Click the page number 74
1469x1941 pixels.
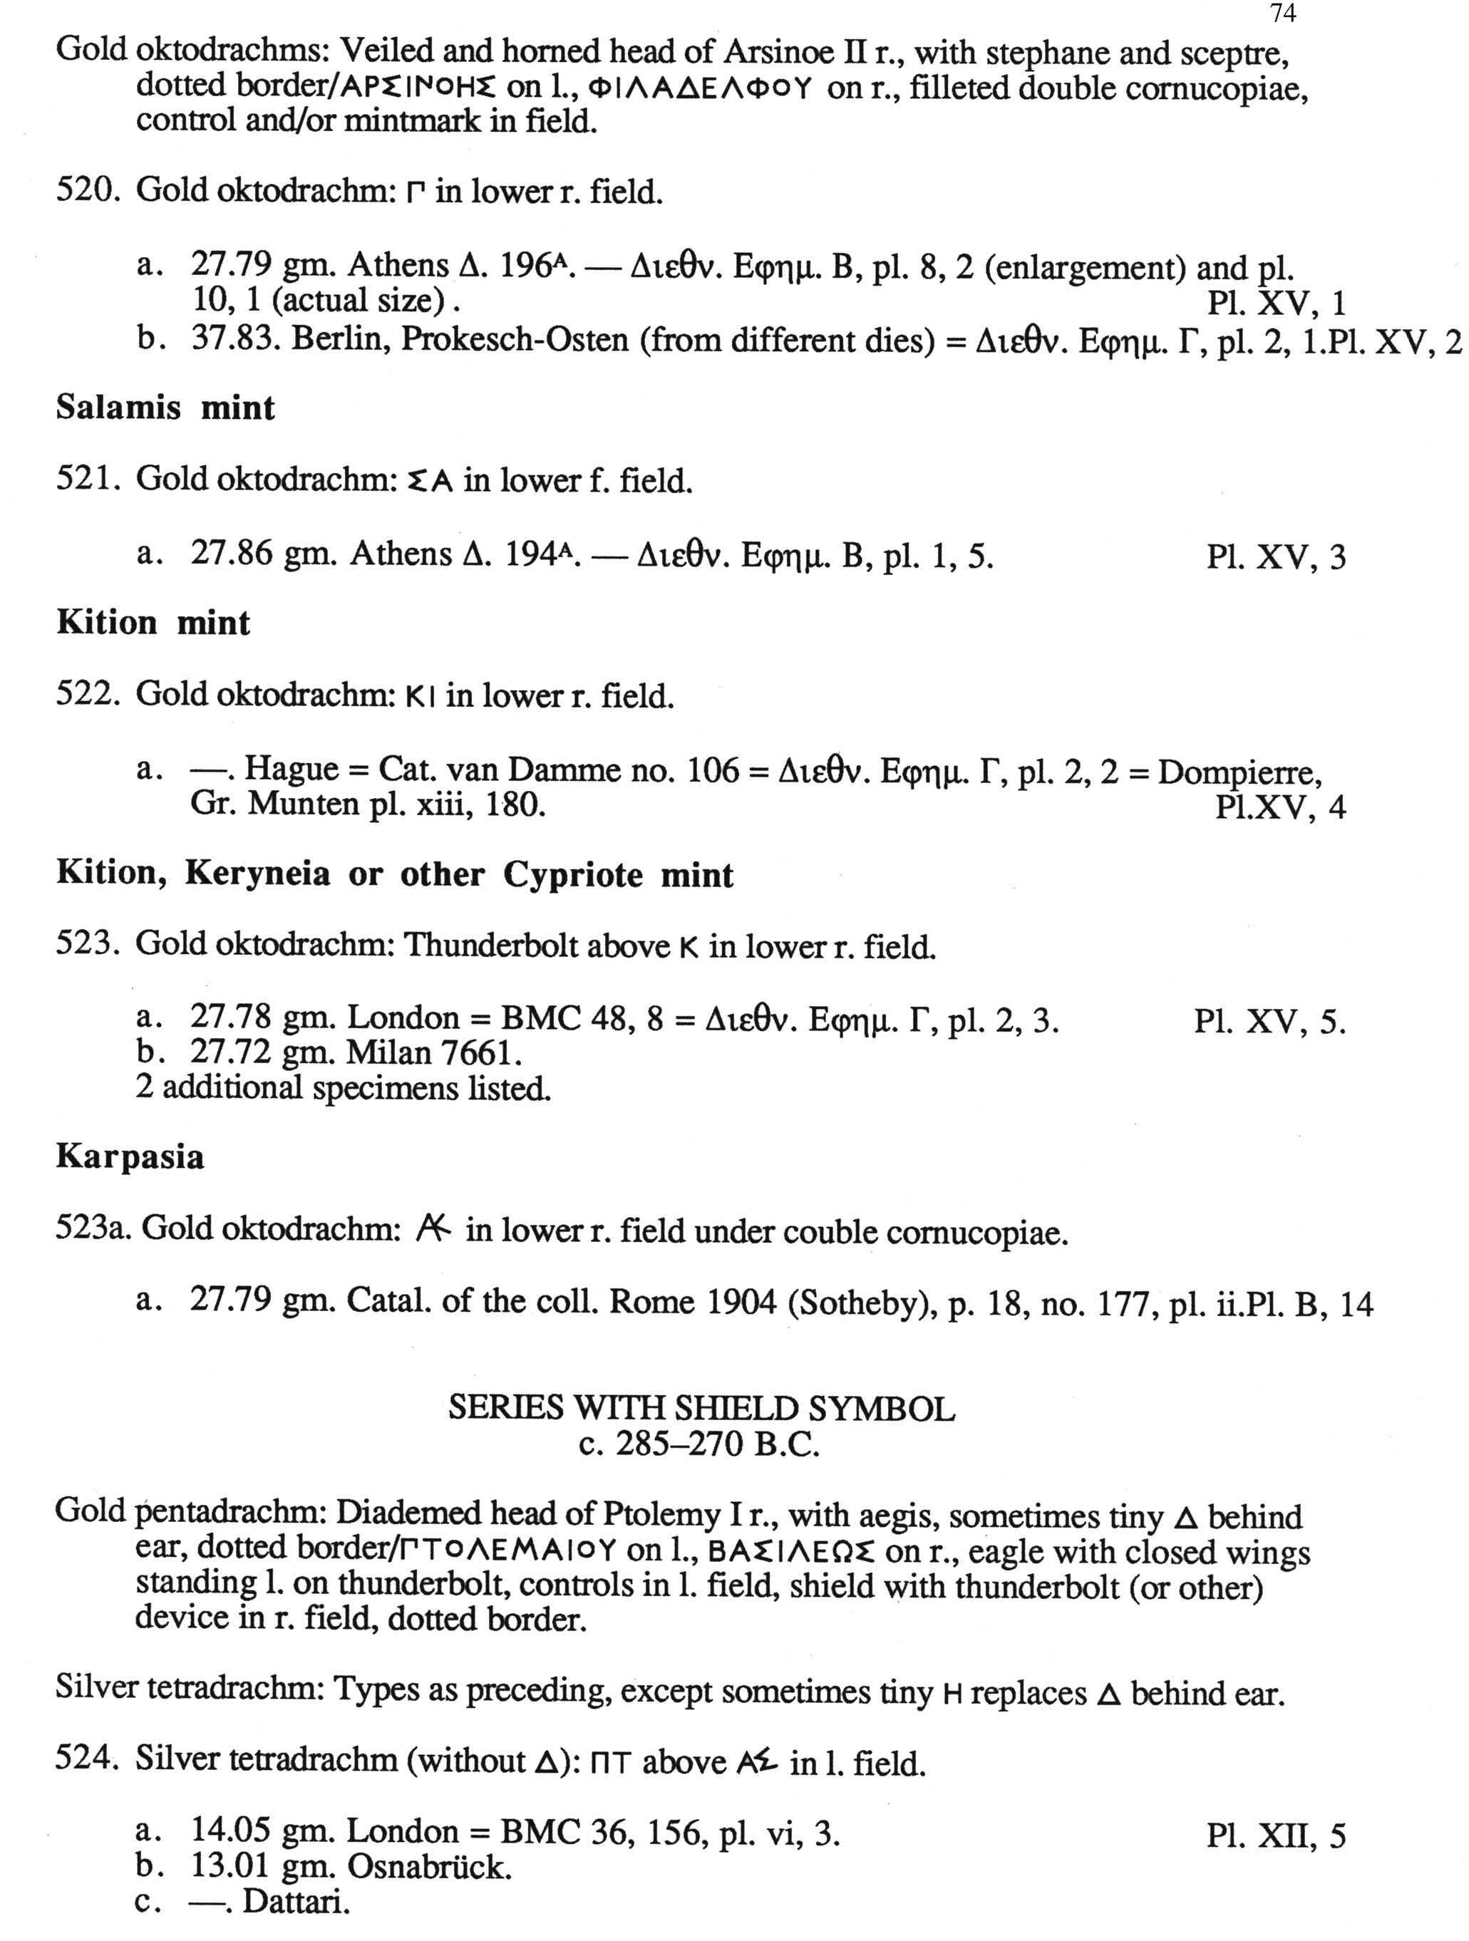[1282, 13]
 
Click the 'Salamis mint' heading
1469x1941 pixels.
[165, 408]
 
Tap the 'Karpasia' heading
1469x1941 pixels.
[130, 1156]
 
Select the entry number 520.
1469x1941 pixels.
[88, 191]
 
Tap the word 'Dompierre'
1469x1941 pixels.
[1239, 772]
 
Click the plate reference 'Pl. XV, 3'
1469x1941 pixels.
[1275, 557]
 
